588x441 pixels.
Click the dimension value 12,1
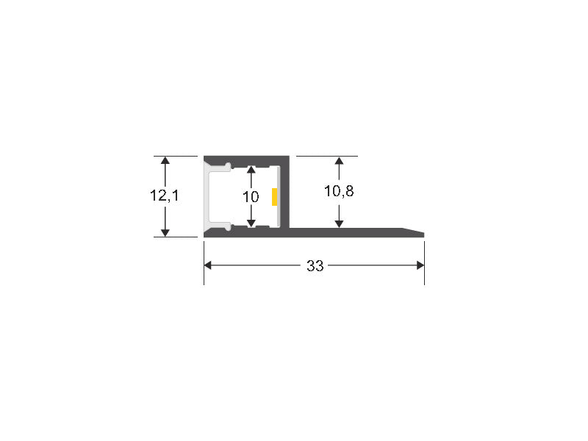tap(164, 196)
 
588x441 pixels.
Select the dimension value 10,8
tap(339, 191)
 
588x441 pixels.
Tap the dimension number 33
tap(315, 266)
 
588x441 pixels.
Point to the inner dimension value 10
tap(251, 197)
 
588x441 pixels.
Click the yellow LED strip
tap(274, 197)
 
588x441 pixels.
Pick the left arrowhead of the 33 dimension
tap(208, 265)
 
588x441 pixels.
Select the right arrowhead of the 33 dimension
tap(420, 265)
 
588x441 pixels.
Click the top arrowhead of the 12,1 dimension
tap(165, 160)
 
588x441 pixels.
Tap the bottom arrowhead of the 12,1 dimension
tap(165, 232)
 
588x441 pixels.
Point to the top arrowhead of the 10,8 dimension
tap(339, 161)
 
